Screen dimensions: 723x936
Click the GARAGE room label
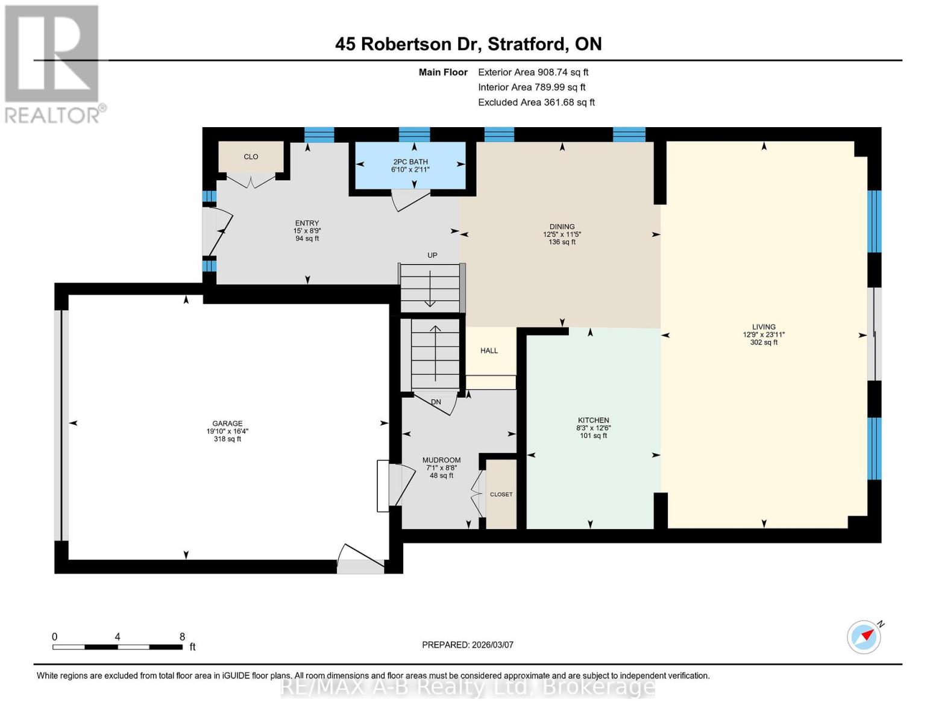click(x=227, y=424)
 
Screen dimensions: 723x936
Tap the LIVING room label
click(x=763, y=327)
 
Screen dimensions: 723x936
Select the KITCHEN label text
click(x=593, y=421)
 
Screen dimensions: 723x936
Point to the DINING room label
click(x=562, y=227)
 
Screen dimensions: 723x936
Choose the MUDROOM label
click(x=441, y=460)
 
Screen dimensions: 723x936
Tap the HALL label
click(x=489, y=351)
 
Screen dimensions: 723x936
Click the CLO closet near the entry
click(x=251, y=157)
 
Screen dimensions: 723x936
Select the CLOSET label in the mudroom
click(x=501, y=495)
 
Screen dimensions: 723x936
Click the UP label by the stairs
click(x=432, y=255)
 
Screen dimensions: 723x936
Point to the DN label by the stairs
click(x=436, y=402)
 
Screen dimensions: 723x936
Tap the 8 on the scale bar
click(x=182, y=637)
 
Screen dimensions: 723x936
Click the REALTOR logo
click(x=53, y=63)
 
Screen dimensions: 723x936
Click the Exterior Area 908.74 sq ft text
click(x=533, y=72)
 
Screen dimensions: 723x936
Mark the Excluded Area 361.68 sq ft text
click(x=536, y=102)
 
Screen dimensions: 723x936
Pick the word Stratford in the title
click(x=526, y=44)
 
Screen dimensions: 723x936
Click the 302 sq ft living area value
click(x=763, y=343)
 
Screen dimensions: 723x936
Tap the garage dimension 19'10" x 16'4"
click(x=227, y=431)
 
